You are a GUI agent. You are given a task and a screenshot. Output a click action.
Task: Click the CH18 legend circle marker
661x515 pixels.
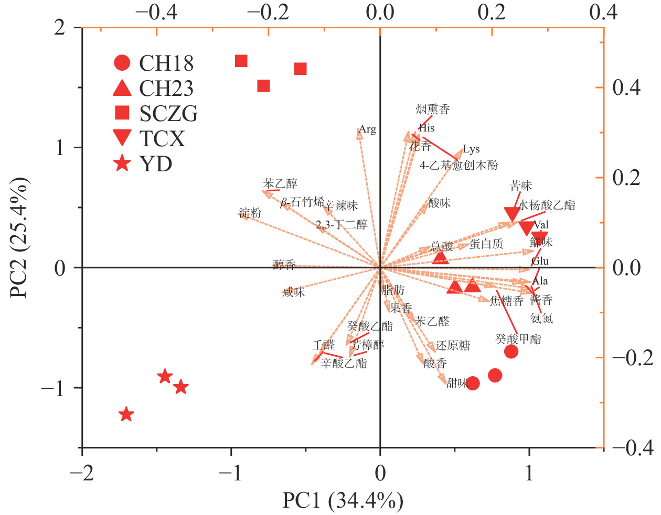coord(122,63)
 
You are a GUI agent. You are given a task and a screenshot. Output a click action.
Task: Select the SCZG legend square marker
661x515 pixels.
coord(122,113)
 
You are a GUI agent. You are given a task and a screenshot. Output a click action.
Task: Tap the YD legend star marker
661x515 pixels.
coord(122,164)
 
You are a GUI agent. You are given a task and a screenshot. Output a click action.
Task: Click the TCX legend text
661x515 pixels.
coord(162,139)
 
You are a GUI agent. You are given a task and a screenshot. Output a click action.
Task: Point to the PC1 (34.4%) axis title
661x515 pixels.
coord(343,501)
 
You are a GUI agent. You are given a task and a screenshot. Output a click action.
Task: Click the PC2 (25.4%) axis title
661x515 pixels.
coord(19,238)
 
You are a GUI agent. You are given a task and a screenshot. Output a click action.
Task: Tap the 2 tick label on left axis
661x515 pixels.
coord(60,27)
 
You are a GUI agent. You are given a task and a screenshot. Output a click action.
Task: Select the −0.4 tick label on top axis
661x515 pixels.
coord(156,12)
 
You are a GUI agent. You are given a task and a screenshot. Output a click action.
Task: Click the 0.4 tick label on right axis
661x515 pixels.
coord(626,87)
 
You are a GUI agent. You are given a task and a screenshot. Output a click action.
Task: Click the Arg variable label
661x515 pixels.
coord(368,129)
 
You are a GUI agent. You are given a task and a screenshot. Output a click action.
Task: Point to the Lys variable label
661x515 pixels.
coord(471,149)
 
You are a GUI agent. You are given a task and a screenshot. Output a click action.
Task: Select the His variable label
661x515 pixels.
coord(427,127)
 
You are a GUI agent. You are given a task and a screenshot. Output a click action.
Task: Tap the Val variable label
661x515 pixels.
coord(541,225)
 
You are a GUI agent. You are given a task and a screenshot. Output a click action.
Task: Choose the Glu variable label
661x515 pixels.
coord(540,261)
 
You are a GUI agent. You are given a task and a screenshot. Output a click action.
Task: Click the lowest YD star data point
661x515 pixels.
coord(126,414)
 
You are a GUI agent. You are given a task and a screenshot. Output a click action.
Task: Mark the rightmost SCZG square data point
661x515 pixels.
coord(300,69)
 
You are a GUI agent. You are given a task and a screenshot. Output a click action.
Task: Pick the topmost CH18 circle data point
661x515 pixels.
coord(511,352)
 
